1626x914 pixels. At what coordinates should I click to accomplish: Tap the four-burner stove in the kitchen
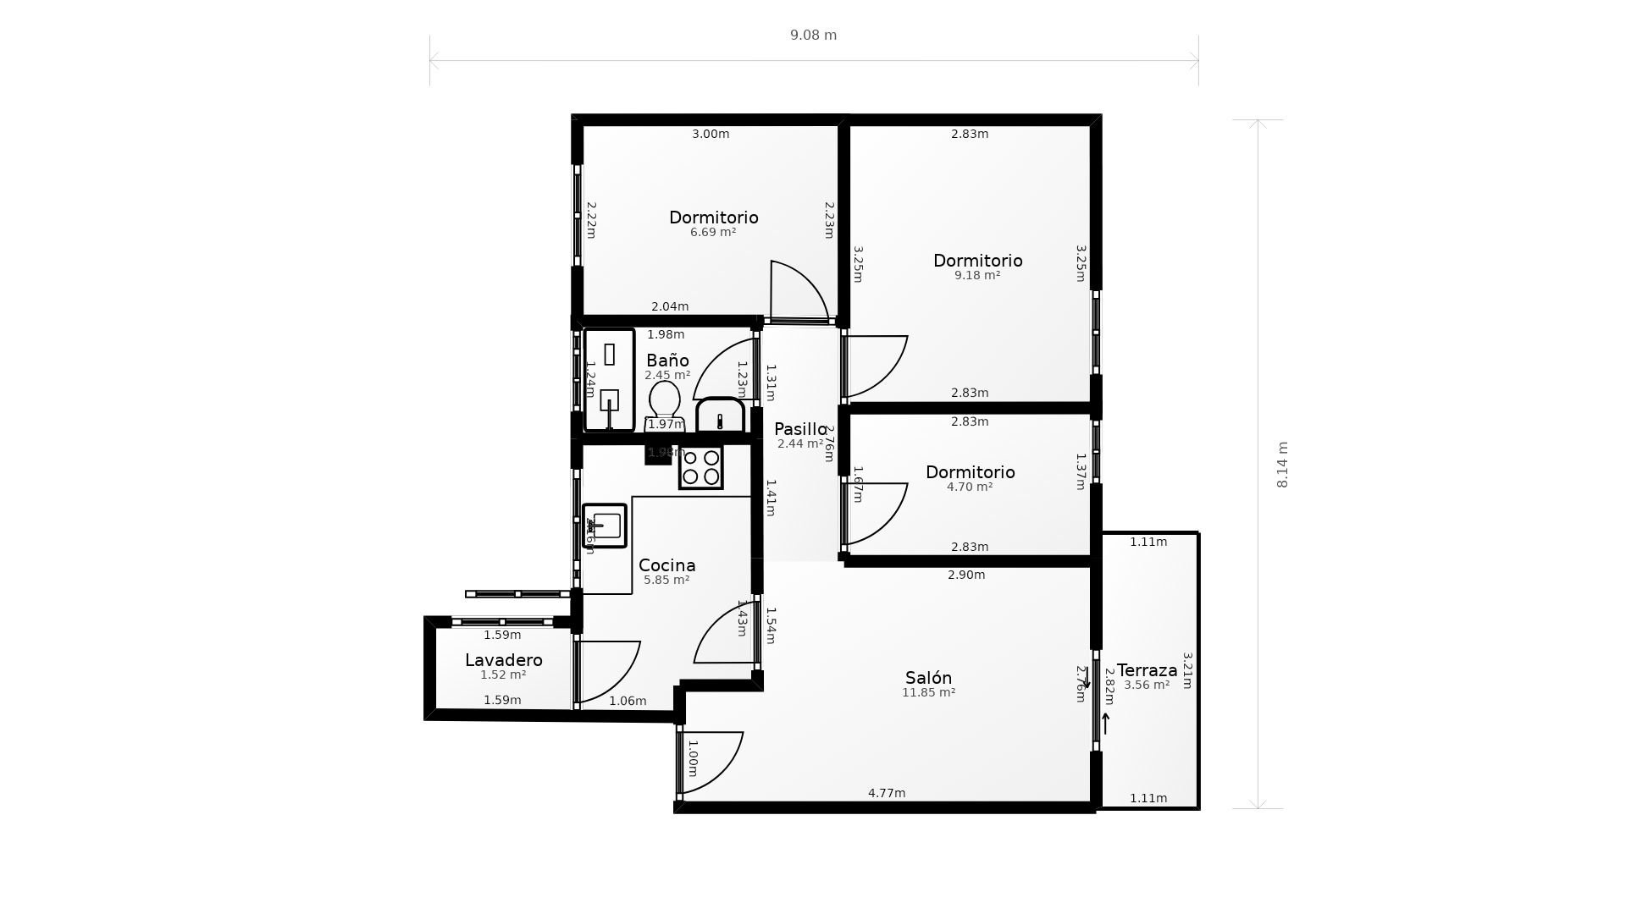pyautogui.click(x=700, y=468)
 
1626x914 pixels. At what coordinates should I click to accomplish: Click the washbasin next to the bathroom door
pyautogui.click(x=720, y=416)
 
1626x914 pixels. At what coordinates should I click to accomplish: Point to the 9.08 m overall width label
pyautogui.click(x=813, y=35)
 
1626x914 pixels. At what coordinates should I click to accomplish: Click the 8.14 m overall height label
pyautogui.click(x=1282, y=465)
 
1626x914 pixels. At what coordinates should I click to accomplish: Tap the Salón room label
pyautogui.click(x=928, y=678)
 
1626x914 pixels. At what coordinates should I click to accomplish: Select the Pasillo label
pyautogui.click(x=799, y=429)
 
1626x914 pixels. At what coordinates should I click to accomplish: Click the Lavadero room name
pyautogui.click(x=503, y=660)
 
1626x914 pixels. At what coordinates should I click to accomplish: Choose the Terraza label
pyautogui.click(x=1147, y=670)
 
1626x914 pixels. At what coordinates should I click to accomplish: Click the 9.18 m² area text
pyautogui.click(x=977, y=275)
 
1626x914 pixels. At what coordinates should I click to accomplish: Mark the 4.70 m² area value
pyautogui.click(x=970, y=487)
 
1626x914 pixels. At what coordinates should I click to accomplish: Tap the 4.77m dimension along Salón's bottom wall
pyautogui.click(x=887, y=793)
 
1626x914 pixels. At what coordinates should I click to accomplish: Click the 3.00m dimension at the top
pyautogui.click(x=711, y=134)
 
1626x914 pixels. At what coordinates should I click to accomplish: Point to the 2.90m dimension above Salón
pyautogui.click(x=965, y=575)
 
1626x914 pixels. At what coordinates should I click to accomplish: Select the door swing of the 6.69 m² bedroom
pyautogui.click(x=796, y=292)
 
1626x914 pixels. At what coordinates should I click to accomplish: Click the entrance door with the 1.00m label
pyautogui.click(x=710, y=760)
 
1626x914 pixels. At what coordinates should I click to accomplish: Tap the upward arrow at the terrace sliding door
pyautogui.click(x=1105, y=724)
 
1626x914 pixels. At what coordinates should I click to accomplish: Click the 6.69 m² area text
pyautogui.click(x=712, y=232)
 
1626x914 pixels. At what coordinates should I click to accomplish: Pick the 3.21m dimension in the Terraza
pyautogui.click(x=1187, y=670)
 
